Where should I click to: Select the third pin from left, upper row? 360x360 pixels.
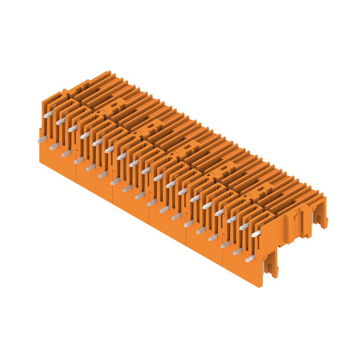click(x=72, y=128)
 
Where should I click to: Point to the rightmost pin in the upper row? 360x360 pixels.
click(x=256, y=233)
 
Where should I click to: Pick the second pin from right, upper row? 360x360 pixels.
click(x=243, y=226)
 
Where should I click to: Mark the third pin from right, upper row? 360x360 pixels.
click(x=231, y=219)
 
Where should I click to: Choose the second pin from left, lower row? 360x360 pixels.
click(x=54, y=146)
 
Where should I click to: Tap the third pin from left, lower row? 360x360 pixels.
click(x=66, y=153)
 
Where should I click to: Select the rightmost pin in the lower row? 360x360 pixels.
click(x=249, y=258)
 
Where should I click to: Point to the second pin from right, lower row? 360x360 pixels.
click(x=237, y=251)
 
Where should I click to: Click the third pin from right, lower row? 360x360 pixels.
click(x=225, y=244)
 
